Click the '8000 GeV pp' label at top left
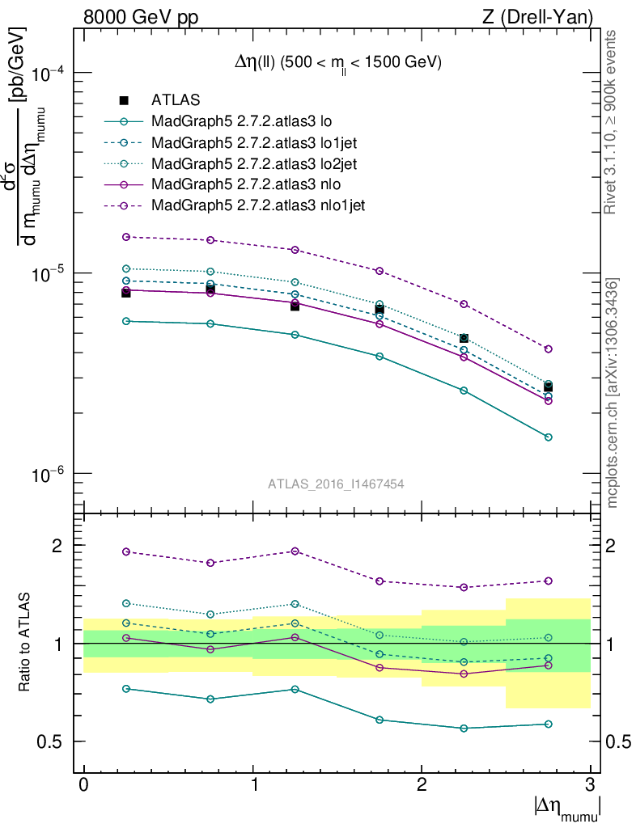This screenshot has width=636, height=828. coord(141,15)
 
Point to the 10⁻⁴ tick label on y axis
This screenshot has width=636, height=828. coord(48,74)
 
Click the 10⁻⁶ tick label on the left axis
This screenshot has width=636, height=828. coord(48,474)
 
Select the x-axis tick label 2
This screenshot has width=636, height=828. coord(422,785)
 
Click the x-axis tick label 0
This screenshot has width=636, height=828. coord(84,785)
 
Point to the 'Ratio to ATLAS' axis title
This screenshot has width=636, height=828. coord(26,643)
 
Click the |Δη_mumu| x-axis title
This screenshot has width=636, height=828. coord(566,806)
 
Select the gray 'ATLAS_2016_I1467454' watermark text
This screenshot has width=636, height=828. coord(336,484)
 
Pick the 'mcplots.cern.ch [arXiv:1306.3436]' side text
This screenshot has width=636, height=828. coord(612,392)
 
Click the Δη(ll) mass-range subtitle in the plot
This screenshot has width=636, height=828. coord(333,62)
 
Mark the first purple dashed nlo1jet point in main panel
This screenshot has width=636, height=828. coord(126,237)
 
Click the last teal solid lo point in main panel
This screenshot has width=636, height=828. coord(549,437)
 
